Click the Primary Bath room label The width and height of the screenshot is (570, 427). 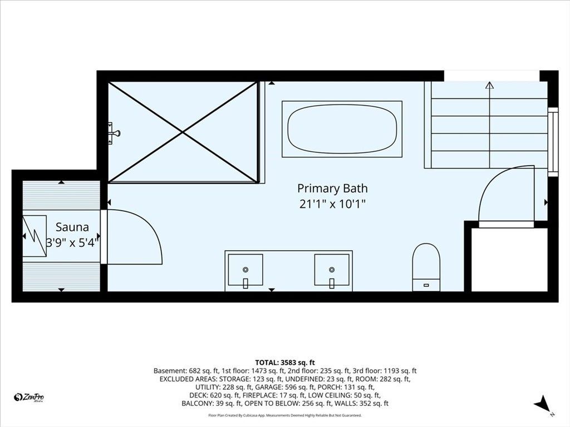pos(332,188)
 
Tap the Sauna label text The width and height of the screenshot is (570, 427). pos(72,227)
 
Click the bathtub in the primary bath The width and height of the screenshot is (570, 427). pos(342,129)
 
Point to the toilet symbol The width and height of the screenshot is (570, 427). pos(426,267)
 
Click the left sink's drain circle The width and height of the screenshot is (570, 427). pos(245,270)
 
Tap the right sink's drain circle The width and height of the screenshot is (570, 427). pos(332,270)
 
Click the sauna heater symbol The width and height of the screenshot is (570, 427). pos(35,236)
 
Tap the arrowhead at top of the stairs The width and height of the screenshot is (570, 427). pos(490,85)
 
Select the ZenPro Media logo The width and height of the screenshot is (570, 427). pos(29,398)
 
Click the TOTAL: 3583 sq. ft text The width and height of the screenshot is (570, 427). pos(285,363)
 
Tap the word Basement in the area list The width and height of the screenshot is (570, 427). pos(169,371)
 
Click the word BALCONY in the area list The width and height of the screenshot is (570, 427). pos(196,404)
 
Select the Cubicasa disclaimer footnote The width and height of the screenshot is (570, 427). pos(285,415)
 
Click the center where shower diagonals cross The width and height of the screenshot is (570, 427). pos(183,132)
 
